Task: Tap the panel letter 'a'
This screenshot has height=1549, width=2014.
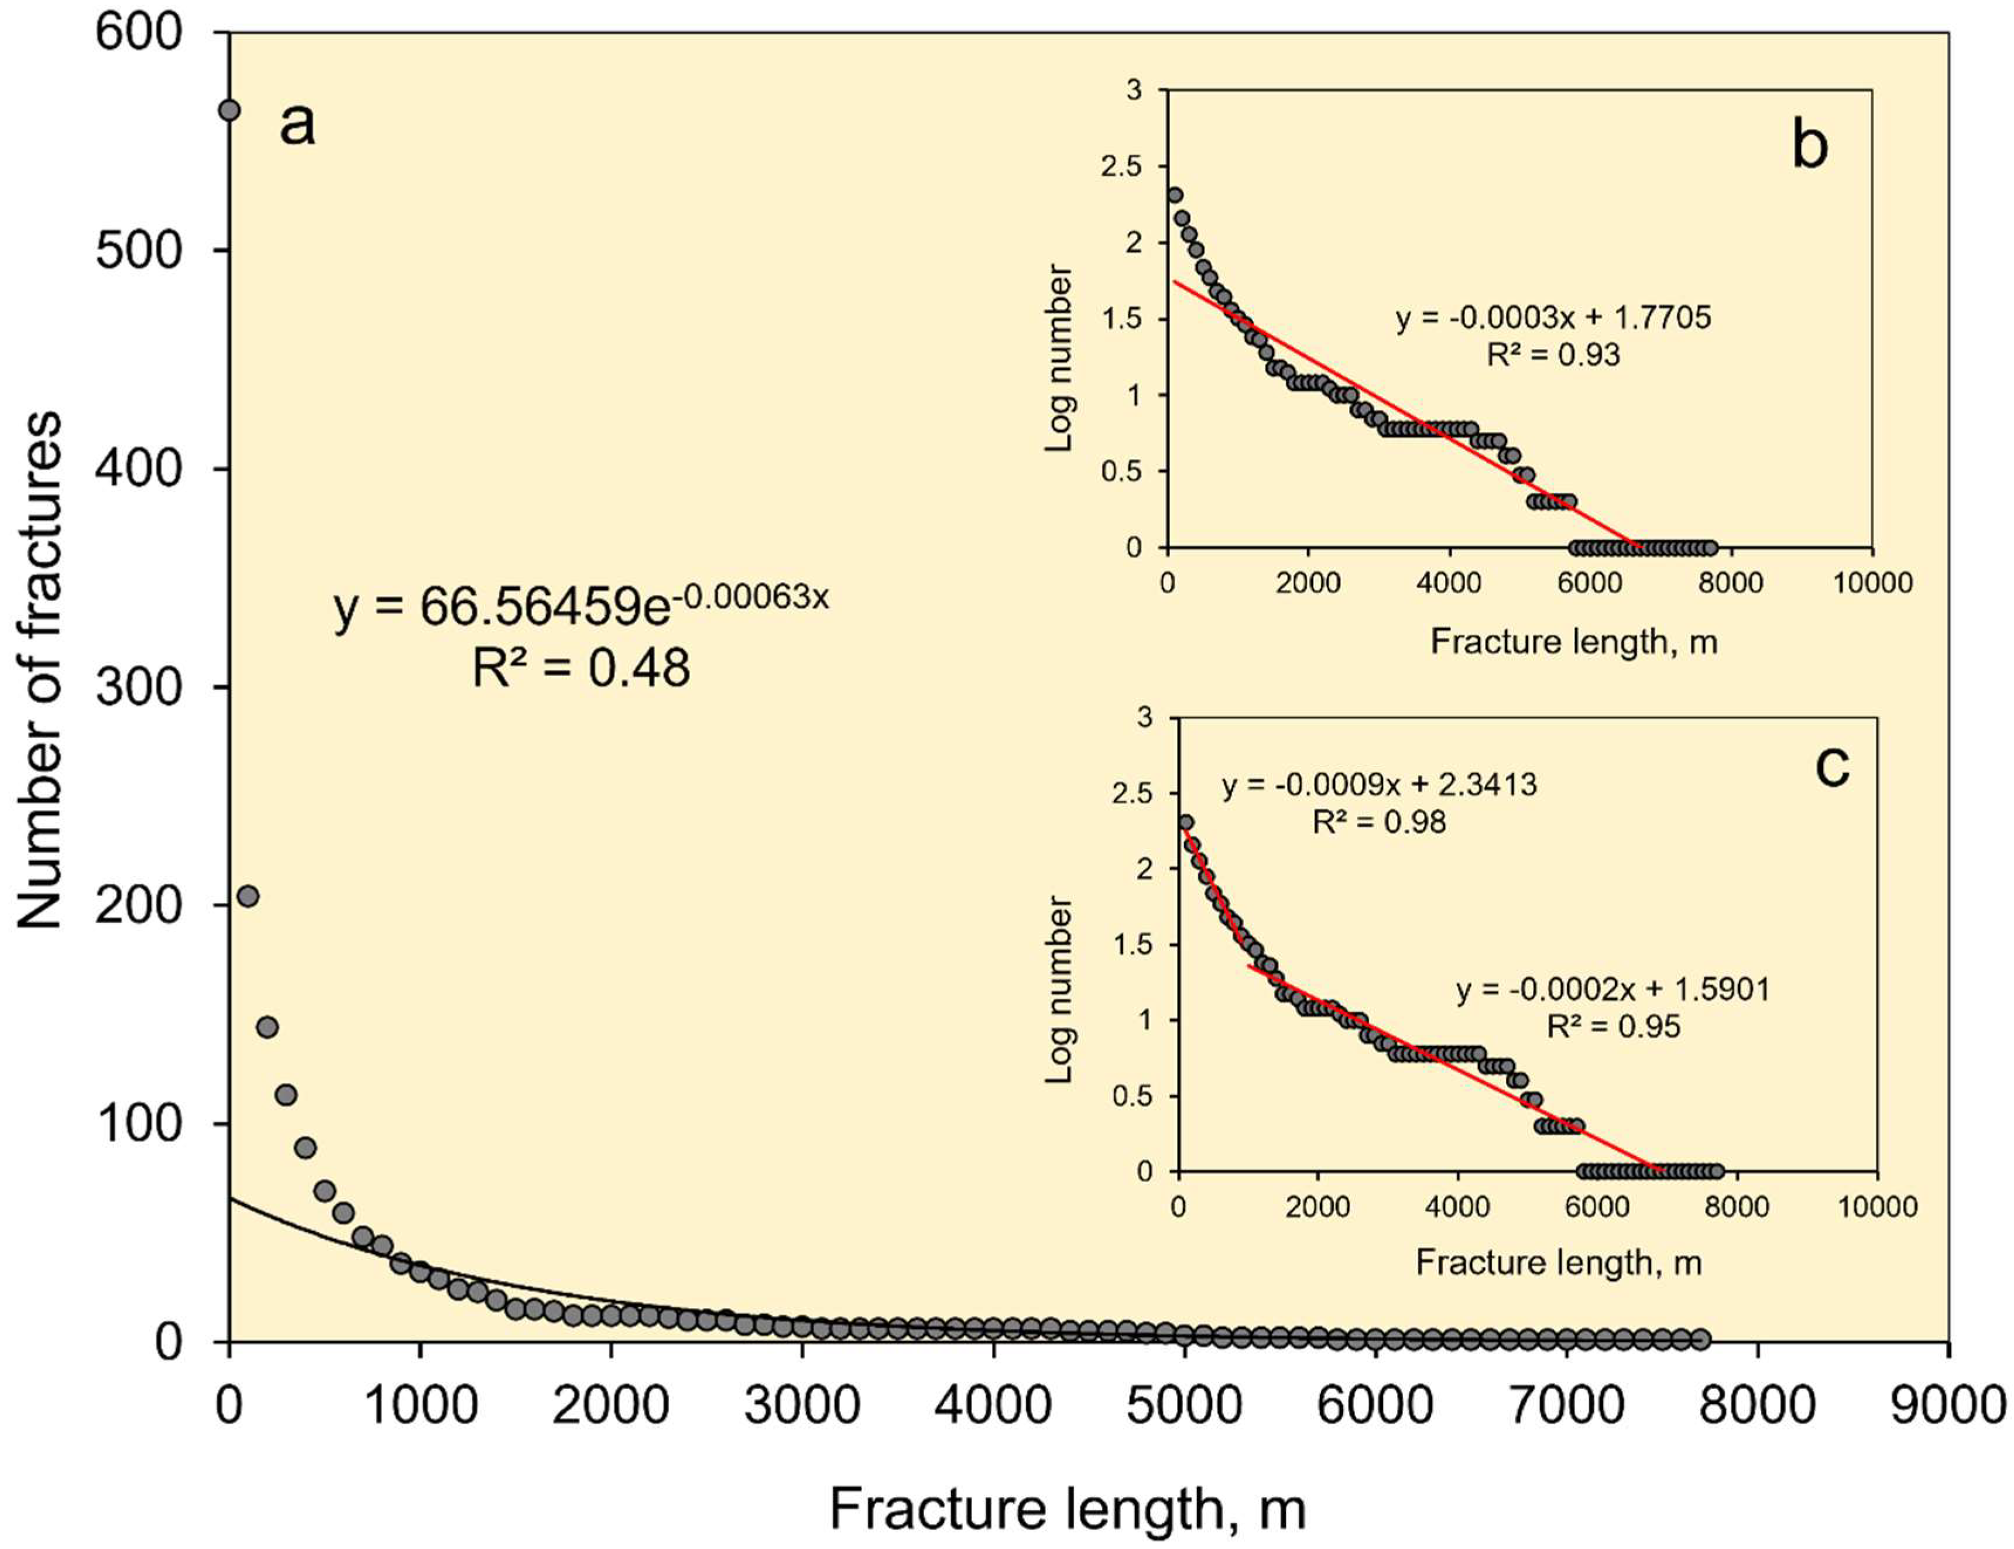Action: coord(297,125)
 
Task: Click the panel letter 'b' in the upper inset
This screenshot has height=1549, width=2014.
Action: coord(1809,146)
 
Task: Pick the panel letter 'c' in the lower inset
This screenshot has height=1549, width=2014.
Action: coord(1831,765)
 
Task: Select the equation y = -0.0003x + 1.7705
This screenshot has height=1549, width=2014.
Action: coord(1553,318)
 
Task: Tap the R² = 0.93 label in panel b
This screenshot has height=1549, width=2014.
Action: coord(1553,355)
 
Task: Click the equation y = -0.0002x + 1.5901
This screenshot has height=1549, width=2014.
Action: coord(1613,989)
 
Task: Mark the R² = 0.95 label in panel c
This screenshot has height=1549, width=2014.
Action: coord(1613,1026)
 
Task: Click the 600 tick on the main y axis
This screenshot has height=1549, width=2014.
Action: coord(140,33)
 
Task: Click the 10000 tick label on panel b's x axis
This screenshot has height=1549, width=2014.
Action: coord(1871,582)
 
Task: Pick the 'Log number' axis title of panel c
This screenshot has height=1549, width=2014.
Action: coord(1060,989)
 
